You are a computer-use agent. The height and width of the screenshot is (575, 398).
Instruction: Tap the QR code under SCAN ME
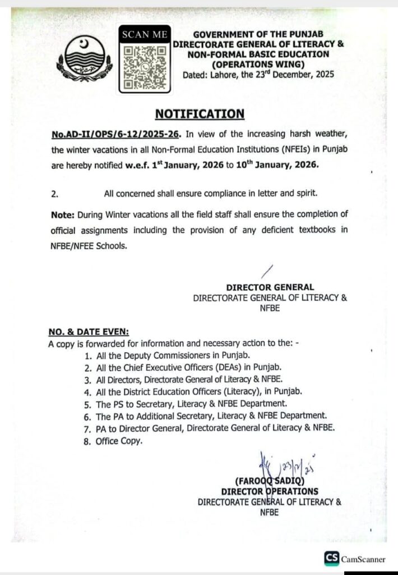click(145, 68)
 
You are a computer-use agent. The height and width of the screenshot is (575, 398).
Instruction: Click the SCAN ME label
click(145, 35)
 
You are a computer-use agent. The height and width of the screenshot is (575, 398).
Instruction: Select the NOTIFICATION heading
click(200, 114)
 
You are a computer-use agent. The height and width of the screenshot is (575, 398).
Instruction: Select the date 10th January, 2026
click(290, 166)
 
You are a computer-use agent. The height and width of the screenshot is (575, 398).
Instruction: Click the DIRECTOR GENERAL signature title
click(270, 287)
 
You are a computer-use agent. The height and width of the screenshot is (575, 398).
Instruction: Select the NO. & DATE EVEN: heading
click(89, 332)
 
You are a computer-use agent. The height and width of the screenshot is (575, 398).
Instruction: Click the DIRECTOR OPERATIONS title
click(270, 491)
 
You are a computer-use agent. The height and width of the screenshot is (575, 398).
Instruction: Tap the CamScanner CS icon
click(331, 558)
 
